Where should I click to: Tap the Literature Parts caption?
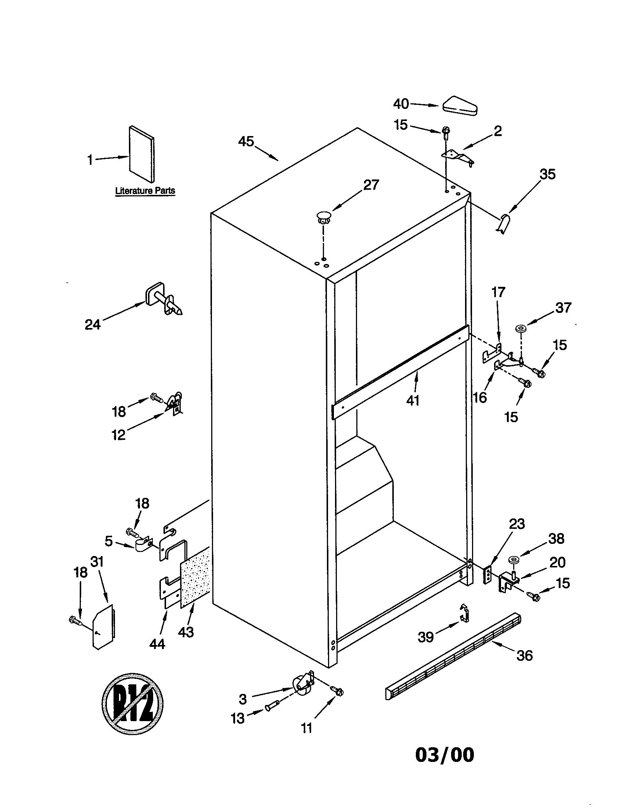[x=145, y=191]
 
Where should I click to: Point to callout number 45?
[x=246, y=141]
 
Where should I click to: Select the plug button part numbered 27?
[x=324, y=217]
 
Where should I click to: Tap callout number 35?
[x=547, y=174]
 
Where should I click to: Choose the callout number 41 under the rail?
[x=413, y=400]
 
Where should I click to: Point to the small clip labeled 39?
[x=464, y=613]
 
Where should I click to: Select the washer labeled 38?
[x=513, y=560]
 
